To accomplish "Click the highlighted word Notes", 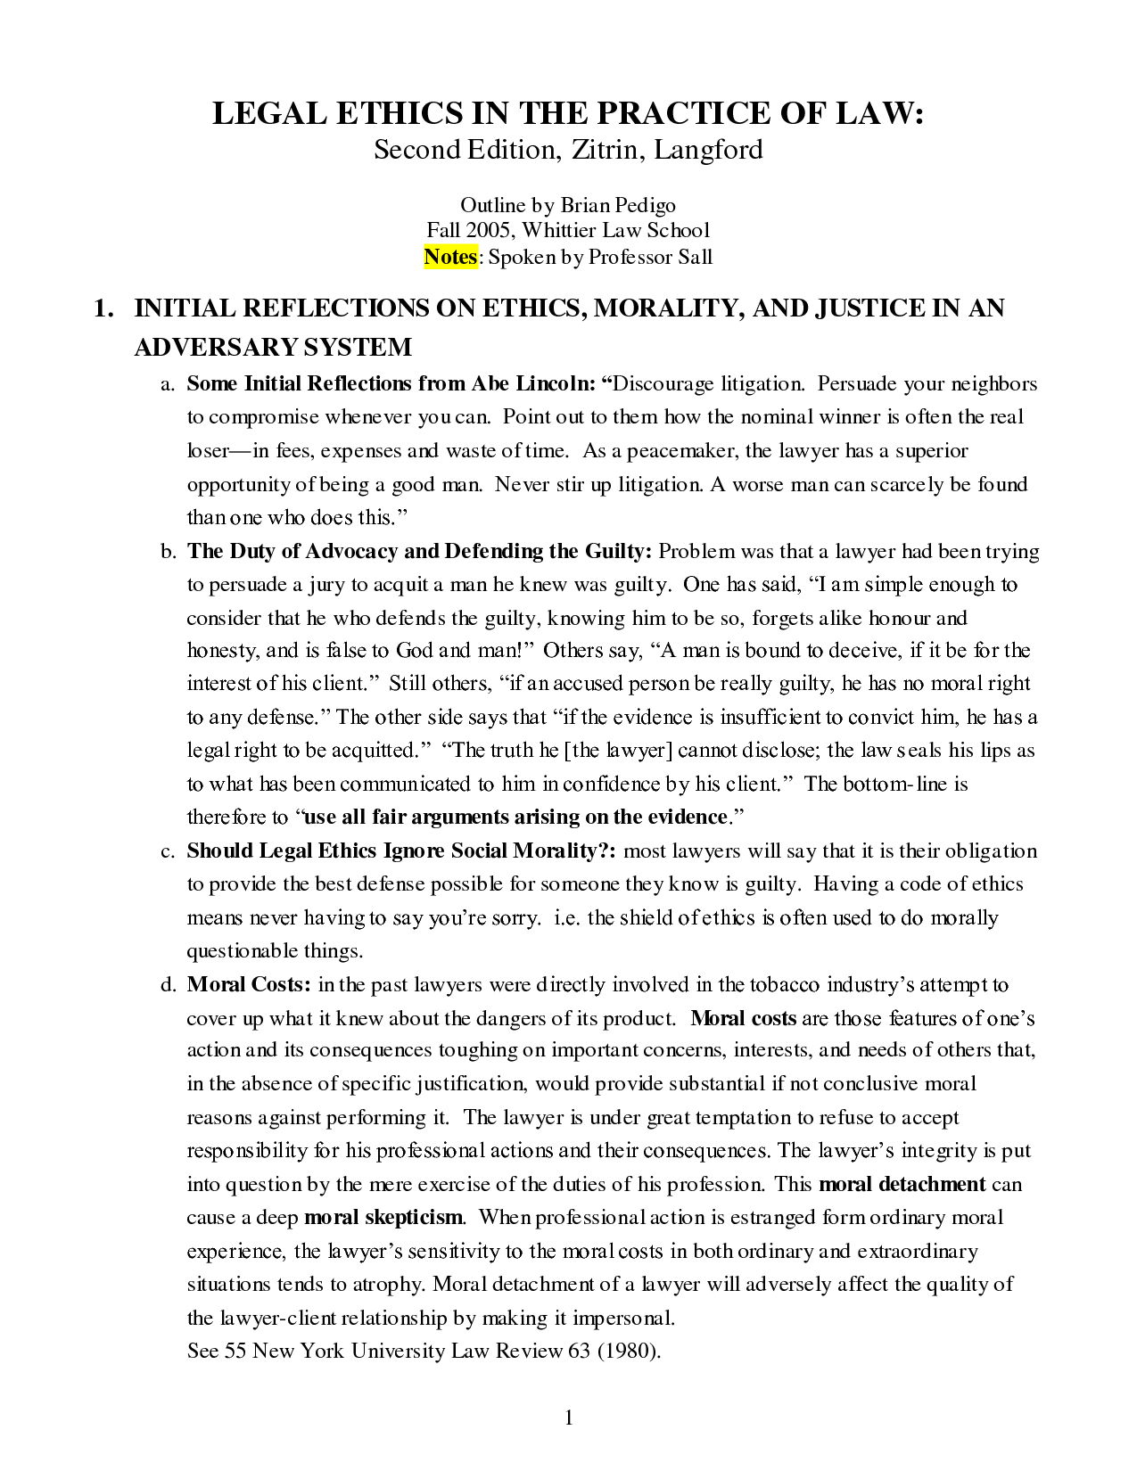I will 450,257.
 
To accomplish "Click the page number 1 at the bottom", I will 569,1418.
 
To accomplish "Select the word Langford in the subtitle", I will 709,149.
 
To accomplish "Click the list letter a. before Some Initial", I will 167,384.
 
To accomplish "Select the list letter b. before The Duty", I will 168,551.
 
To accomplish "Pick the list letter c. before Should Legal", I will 167,851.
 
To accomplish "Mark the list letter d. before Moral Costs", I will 168,984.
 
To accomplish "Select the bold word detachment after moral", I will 932,1184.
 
